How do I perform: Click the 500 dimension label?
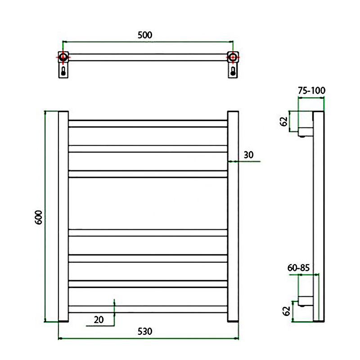[145, 35]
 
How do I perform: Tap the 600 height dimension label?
[39, 217]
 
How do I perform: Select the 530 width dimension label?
[145, 331]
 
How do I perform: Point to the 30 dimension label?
[249, 155]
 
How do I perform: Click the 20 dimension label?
[99, 319]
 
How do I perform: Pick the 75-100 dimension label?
[311, 90]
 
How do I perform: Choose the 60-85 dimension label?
[298, 268]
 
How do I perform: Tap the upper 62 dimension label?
[284, 121]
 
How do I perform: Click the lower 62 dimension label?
[286, 311]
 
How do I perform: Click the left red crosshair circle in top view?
[63, 57]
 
